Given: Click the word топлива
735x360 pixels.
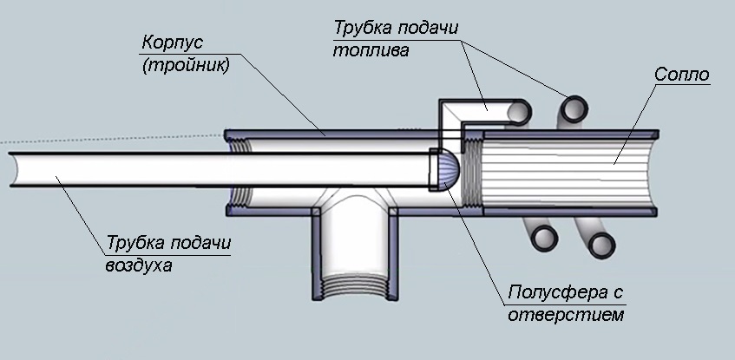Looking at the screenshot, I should [371, 49].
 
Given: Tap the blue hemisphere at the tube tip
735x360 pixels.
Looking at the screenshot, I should [445, 169].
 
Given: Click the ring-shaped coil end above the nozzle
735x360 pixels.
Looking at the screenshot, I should [574, 108].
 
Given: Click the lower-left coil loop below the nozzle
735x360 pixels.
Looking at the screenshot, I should [544, 237].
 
